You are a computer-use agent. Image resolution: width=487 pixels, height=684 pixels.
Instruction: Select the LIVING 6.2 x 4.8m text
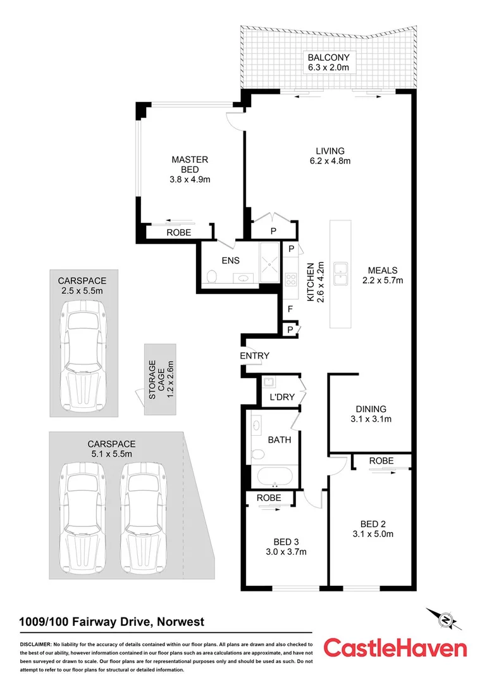click(x=330, y=156)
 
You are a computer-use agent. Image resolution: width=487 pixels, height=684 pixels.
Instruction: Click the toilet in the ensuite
click(x=213, y=275)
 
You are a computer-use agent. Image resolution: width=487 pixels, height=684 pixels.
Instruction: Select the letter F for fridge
click(x=290, y=310)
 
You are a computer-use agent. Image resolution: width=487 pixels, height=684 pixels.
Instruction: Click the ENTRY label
click(x=254, y=356)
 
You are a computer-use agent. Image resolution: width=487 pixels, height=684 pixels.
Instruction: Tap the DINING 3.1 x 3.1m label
click(x=370, y=414)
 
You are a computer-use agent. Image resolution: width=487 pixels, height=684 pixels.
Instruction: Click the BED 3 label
click(x=286, y=547)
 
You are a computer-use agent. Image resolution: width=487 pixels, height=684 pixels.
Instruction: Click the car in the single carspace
click(x=83, y=355)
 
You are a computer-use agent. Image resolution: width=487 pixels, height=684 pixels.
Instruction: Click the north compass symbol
click(x=445, y=619)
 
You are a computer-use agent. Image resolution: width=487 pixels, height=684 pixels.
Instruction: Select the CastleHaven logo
click(x=395, y=647)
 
